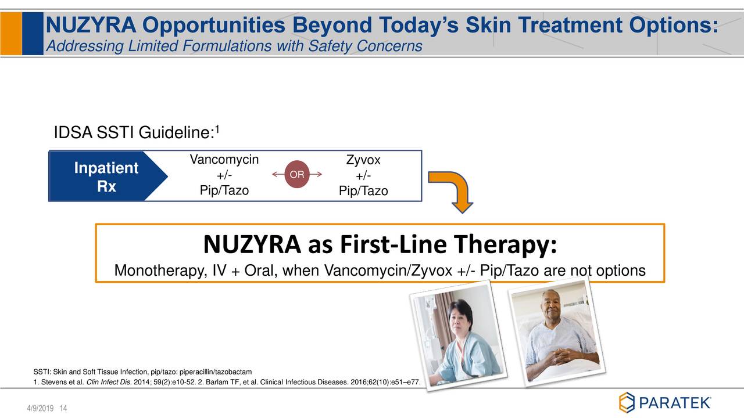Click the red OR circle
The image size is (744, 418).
297,175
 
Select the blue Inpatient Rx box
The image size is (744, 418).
99,177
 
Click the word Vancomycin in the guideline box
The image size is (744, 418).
224,160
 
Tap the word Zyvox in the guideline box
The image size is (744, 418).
363,161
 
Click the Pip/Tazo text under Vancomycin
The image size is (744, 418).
224,190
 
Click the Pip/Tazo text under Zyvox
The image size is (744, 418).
363,191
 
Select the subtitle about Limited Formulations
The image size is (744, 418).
233,46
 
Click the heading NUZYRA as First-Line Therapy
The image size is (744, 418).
380,246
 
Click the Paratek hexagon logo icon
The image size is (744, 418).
627,402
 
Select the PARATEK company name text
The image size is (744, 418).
674,402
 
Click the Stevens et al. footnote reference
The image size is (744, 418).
58,381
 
